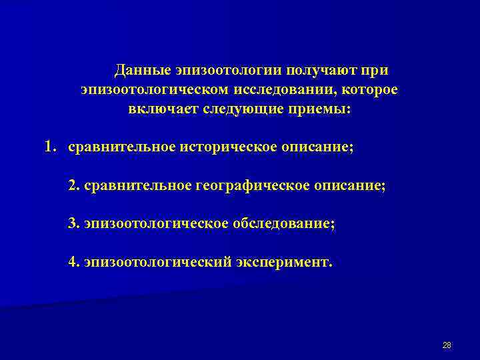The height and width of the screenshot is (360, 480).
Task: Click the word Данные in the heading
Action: pos(142,70)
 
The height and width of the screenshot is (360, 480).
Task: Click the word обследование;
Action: pos(284,223)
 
